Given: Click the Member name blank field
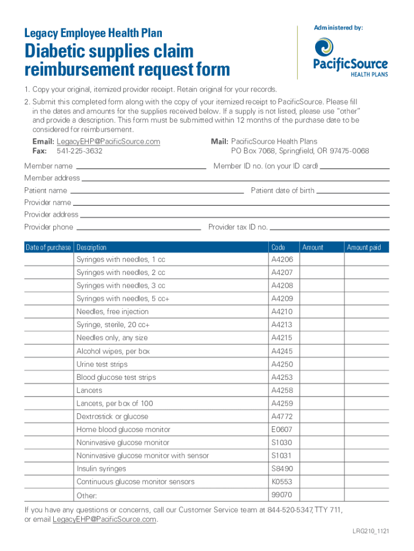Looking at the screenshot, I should click(x=140, y=166).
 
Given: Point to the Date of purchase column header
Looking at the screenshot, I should click(x=48, y=248).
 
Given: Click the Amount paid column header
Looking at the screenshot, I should click(x=363, y=248).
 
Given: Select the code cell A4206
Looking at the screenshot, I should click(x=282, y=260).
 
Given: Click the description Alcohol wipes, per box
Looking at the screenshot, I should click(x=113, y=351).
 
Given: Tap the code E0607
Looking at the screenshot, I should click(x=282, y=430).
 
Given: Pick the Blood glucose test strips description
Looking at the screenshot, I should click(x=116, y=378).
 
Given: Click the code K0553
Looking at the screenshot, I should click(x=282, y=482).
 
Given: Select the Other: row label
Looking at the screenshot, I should click(x=87, y=496).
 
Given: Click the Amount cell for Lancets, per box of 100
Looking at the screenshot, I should click(x=321, y=404).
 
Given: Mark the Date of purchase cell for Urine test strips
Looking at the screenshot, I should click(x=48, y=364).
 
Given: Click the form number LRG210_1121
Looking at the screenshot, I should click(x=368, y=531).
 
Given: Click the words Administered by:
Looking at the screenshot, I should click(x=338, y=27).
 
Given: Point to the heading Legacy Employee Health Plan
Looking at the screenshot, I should click(x=93, y=33).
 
